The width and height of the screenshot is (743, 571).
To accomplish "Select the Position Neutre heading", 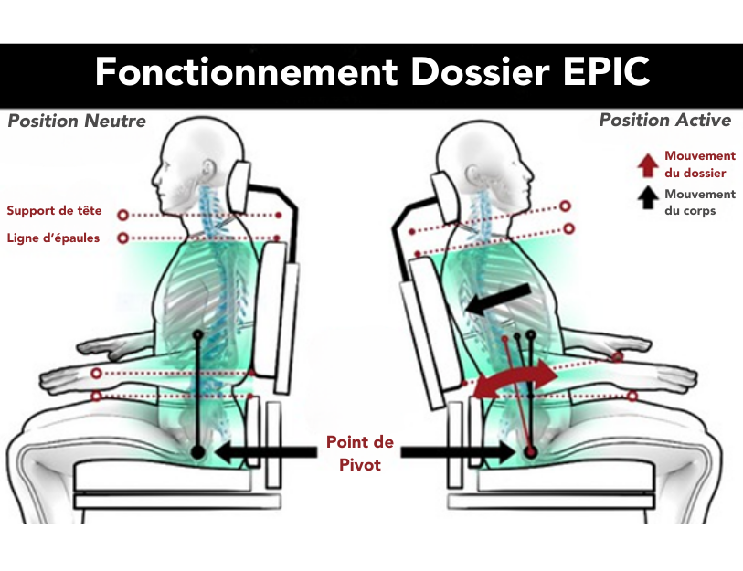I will click(x=77, y=122).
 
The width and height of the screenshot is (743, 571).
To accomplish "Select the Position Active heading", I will click(x=665, y=121).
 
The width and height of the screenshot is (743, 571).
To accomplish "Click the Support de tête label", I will click(x=54, y=211).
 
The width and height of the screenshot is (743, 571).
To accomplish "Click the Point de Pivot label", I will click(x=360, y=453).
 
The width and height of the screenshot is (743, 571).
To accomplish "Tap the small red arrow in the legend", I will click(x=647, y=164).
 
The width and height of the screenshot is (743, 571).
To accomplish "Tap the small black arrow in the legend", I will click(x=647, y=194).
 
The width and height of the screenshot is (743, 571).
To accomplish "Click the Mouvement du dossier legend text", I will click(x=700, y=164).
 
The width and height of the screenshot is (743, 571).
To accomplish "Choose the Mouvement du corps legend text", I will click(x=700, y=202).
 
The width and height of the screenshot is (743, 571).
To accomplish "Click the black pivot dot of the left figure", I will click(x=197, y=451).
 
